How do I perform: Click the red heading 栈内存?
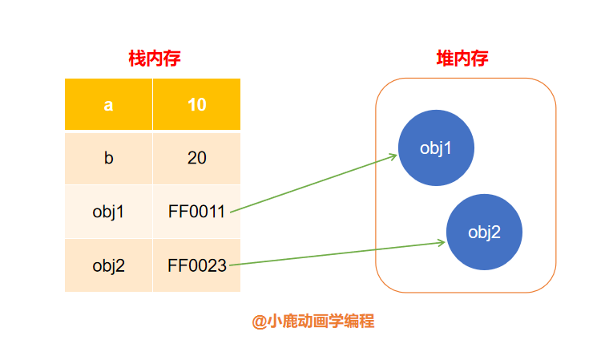[155, 59]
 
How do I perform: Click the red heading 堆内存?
[462, 59]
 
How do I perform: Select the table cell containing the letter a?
[108, 104]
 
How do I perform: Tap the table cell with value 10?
[196, 104]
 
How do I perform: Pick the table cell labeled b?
[108, 159]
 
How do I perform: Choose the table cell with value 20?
[196, 159]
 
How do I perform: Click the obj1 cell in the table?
[108, 212]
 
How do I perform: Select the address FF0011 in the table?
[196, 212]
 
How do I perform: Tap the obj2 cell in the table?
[108, 265]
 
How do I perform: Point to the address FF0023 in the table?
[197, 265]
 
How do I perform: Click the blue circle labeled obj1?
[436, 148]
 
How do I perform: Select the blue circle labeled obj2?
[484, 232]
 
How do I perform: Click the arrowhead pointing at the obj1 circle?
[393, 156]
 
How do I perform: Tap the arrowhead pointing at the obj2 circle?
[442, 243]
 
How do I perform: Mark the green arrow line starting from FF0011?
[314, 184]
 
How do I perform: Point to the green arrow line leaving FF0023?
[337, 254]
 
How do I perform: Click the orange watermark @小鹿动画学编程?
[313, 322]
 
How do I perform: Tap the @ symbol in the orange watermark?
[259, 322]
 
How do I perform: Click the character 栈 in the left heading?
[137, 59]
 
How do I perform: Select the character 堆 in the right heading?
[445, 59]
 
